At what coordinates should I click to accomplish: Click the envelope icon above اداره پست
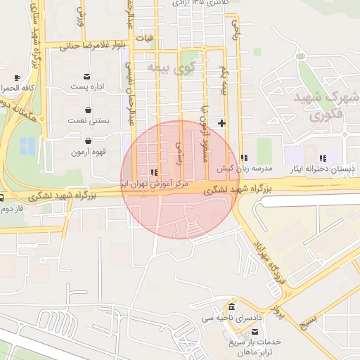pyautogui.click(x=87, y=76)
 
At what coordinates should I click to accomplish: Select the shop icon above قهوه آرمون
pyautogui.click(x=87, y=141)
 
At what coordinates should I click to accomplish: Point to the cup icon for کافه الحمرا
pyautogui.click(x=17, y=77)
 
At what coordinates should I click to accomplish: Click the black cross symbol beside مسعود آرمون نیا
pyautogui.click(x=222, y=123)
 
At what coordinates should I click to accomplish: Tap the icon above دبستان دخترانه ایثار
pyautogui.click(x=323, y=159)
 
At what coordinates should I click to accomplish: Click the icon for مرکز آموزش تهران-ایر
pyautogui.click(x=154, y=172)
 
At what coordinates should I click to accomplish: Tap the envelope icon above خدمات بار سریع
pyautogui.click(x=240, y=331)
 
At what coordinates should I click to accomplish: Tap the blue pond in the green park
pyautogui.click(x=27, y=146)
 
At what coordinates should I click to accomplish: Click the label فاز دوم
pyautogui.click(x=13, y=209)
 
